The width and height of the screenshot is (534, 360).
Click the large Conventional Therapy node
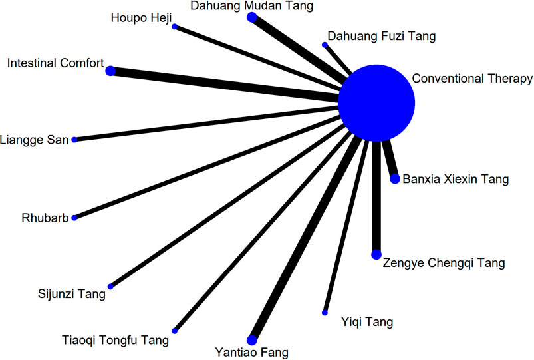(376, 103)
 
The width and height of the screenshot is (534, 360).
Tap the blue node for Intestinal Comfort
(110, 71)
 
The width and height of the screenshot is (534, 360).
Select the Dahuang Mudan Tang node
(251, 17)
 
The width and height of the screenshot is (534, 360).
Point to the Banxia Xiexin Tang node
(395, 179)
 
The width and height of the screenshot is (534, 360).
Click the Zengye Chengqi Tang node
(376, 254)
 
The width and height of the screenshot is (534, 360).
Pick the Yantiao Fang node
(252, 339)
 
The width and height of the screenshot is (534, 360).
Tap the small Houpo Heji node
(174, 27)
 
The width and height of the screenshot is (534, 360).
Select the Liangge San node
(74, 140)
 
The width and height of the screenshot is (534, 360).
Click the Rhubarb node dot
(74, 218)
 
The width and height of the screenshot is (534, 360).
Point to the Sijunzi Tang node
(110, 287)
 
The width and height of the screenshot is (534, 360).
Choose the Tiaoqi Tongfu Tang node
(174, 331)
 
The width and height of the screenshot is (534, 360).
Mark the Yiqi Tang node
(325, 313)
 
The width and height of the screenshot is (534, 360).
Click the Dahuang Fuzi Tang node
(325, 45)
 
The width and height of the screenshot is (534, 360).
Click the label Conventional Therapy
(472, 79)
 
